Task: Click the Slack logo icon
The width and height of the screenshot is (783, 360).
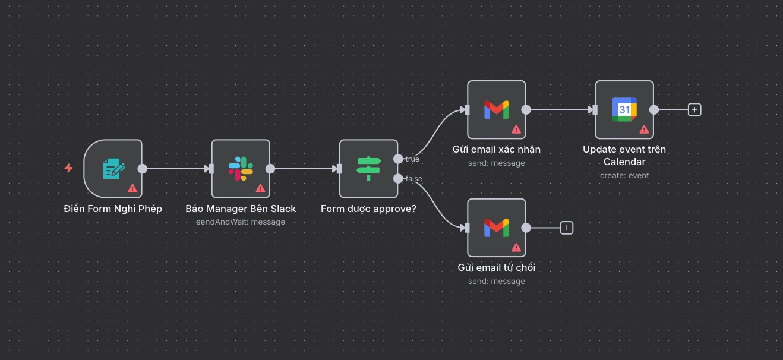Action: click(x=241, y=169)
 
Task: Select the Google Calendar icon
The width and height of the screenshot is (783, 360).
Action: click(x=624, y=109)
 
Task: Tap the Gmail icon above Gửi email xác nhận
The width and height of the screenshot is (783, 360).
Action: click(x=496, y=109)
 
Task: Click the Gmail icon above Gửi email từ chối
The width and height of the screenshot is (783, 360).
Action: click(x=496, y=228)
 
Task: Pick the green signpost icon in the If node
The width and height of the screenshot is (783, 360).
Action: click(x=368, y=169)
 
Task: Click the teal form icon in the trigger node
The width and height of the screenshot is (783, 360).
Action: click(x=113, y=169)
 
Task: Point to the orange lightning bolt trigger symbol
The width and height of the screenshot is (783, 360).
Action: click(x=68, y=169)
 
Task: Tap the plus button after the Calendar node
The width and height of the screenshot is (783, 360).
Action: click(x=694, y=109)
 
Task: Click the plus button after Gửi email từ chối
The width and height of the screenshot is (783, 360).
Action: click(x=567, y=228)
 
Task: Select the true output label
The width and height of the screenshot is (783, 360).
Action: click(x=412, y=159)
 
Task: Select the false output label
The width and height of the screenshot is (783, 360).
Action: click(x=414, y=179)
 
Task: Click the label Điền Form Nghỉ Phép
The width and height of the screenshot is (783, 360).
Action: click(x=113, y=209)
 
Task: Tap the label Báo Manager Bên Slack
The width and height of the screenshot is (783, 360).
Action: click(x=241, y=209)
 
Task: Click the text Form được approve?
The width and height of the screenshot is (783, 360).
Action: click(x=368, y=209)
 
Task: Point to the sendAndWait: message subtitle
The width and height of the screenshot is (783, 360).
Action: click(x=241, y=222)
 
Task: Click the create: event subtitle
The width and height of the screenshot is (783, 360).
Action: click(x=624, y=175)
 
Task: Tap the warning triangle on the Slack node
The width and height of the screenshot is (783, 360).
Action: click(x=260, y=188)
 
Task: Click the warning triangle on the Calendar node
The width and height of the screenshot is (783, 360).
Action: click(x=644, y=129)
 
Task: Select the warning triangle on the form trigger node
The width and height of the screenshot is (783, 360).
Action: click(x=132, y=188)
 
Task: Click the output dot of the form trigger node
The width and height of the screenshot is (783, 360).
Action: click(x=143, y=169)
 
